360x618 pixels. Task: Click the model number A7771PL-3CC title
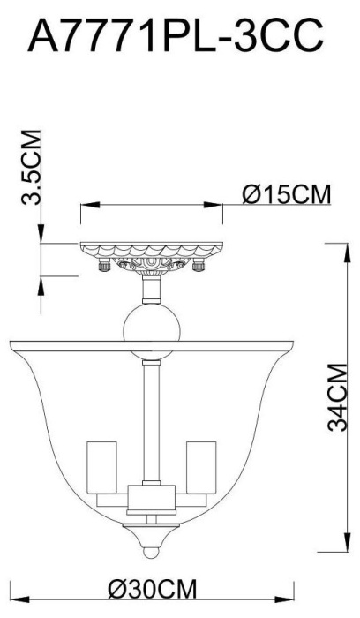pos(180,37)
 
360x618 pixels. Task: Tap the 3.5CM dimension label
pos(32,169)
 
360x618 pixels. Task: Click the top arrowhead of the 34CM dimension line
pos(342,245)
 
